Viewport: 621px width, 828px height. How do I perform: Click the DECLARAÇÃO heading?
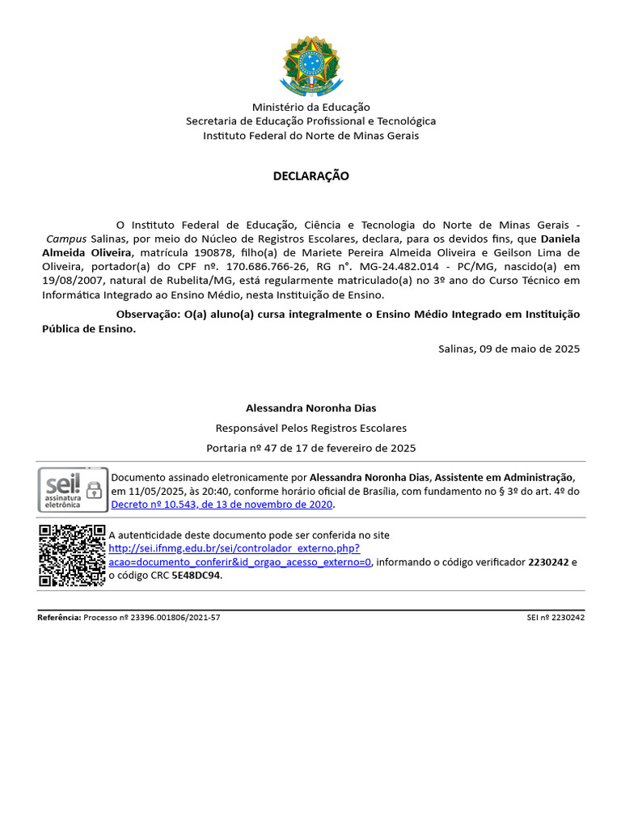click(x=310, y=176)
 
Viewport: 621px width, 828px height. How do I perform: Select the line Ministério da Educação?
click(x=310, y=107)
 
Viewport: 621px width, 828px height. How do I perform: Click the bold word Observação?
click(x=148, y=314)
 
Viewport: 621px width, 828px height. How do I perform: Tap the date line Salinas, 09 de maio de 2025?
click(x=509, y=349)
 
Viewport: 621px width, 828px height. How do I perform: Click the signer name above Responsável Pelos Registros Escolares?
click(x=310, y=408)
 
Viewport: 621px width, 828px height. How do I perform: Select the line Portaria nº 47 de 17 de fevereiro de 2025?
click(x=310, y=448)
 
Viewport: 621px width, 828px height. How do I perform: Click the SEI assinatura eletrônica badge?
click(x=73, y=489)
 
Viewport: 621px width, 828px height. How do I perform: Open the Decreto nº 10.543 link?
click(x=222, y=505)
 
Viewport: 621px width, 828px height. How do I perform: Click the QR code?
click(x=72, y=556)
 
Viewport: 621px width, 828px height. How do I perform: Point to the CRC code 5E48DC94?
click(x=196, y=576)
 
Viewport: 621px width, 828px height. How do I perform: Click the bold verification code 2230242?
click(x=548, y=562)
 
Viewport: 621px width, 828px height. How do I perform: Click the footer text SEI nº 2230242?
click(x=555, y=618)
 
